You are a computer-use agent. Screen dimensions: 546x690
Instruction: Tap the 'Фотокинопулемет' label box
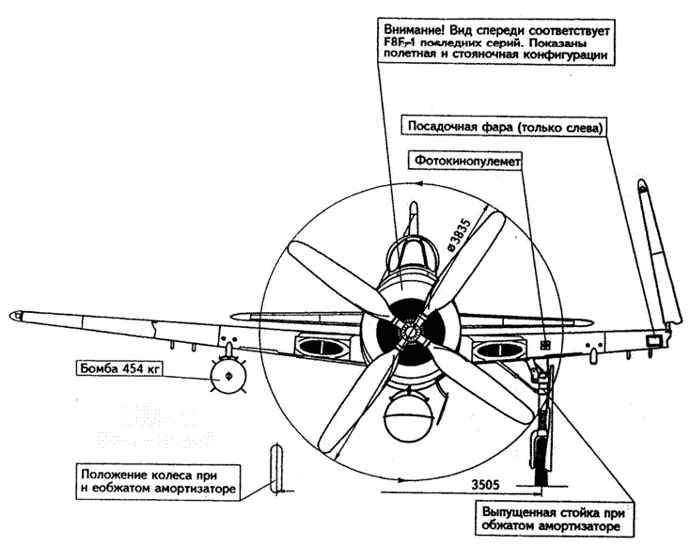click(463, 161)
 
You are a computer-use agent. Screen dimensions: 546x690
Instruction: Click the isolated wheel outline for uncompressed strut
click(273, 467)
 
